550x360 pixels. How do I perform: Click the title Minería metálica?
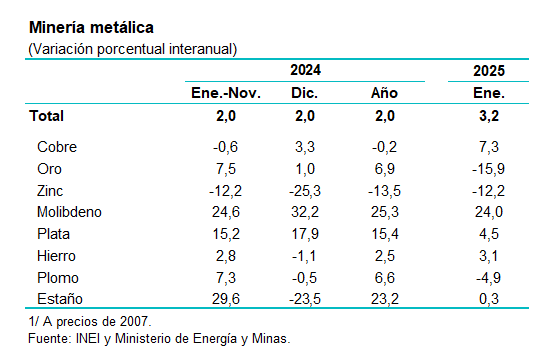[91, 27]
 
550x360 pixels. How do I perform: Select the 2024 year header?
[305, 70]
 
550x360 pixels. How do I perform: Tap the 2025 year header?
[489, 71]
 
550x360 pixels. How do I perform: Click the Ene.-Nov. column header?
[226, 93]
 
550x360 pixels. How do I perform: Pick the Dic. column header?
[304, 93]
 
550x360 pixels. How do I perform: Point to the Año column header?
[384, 93]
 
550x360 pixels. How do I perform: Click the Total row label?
[47, 116]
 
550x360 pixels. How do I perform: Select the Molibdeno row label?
[69, 212]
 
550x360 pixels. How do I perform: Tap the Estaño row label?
[60, 299]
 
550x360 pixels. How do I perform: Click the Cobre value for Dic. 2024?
[305, 147]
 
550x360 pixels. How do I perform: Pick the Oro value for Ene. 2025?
[488, 169]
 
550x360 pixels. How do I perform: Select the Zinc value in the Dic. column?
[305, 191]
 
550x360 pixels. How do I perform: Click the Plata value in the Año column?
[385, 234]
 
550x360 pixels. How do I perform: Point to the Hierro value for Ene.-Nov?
[226, 256]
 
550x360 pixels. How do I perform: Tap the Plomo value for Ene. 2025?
[488, 278]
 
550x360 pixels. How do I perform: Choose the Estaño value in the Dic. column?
[305, 299]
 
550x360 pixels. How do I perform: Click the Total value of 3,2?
[489, 116]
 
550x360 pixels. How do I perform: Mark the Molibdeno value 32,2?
[305, 212]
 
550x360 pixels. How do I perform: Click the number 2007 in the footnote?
[133, 321]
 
